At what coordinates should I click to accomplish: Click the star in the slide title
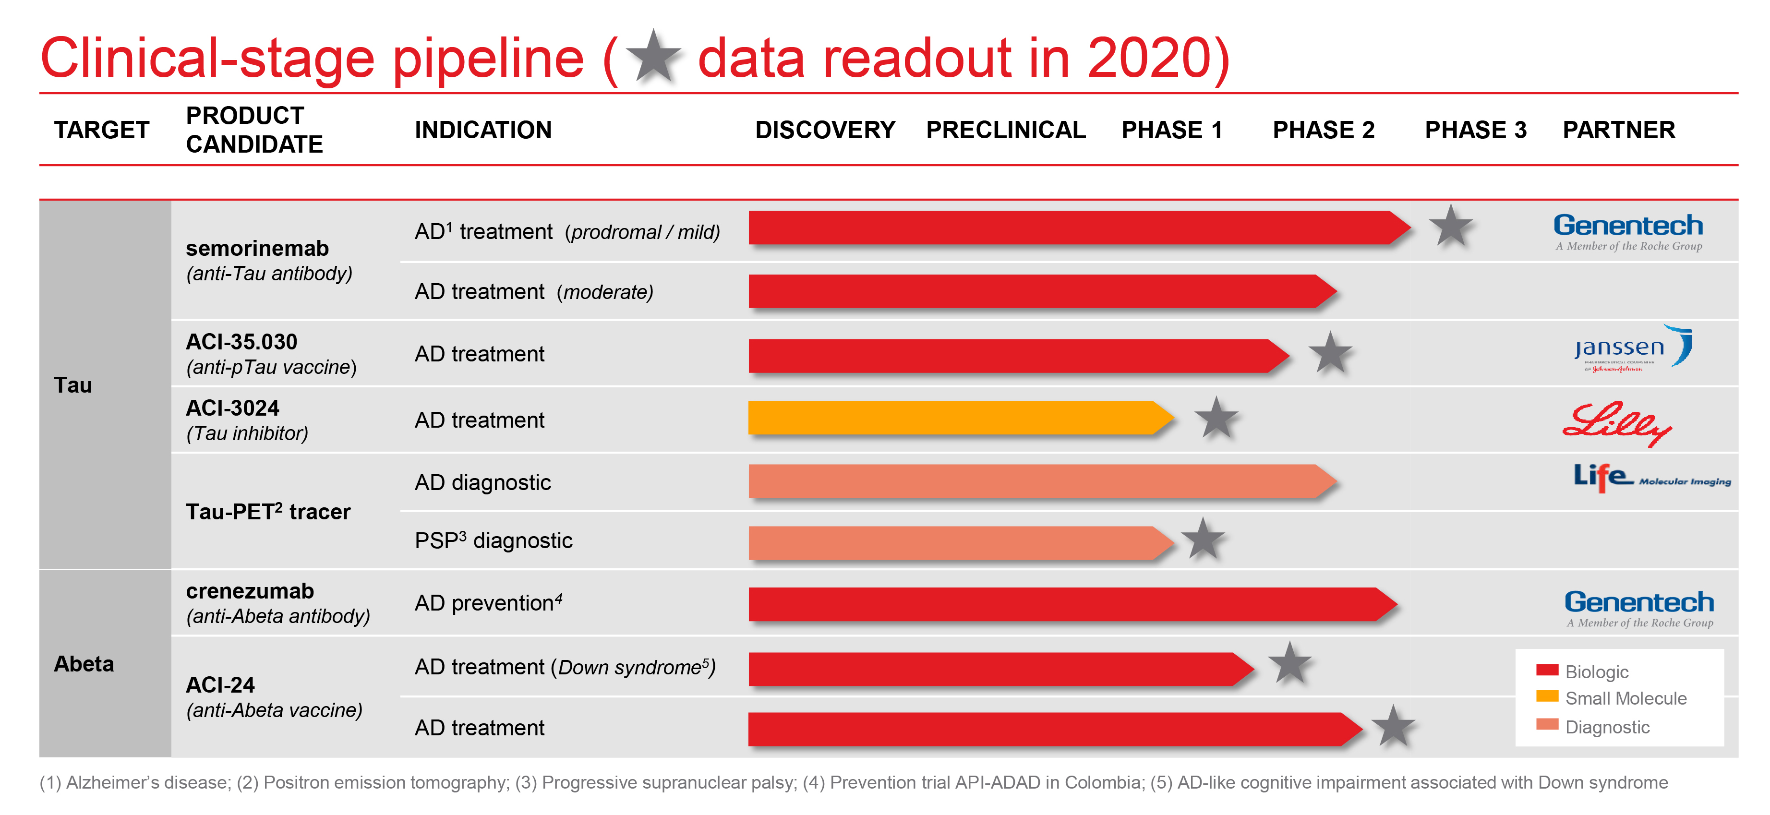[653, 57]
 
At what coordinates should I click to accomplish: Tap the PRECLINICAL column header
[1005, 130]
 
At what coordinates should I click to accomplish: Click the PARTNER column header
[1618, 130]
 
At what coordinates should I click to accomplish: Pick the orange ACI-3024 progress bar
[955, 418]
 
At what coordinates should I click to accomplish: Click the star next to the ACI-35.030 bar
[1330, 354]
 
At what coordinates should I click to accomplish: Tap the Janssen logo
[1633, 349]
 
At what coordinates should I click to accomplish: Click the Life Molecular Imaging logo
[1650, 478]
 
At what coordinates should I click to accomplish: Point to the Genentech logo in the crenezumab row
[1639, 608]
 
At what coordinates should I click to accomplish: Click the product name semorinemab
[257, 248]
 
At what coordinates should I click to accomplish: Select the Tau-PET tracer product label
[268, 512]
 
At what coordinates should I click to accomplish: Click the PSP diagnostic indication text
[494, 541]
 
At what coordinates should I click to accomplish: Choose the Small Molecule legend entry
[1625, 698]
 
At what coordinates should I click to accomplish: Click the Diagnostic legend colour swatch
[1547, 724]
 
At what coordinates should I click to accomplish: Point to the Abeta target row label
[84, 664]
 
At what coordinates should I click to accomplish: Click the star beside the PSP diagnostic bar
[1203, 539]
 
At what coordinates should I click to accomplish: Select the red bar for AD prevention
[1065, 604]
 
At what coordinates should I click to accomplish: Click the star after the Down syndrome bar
[1290, 664]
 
